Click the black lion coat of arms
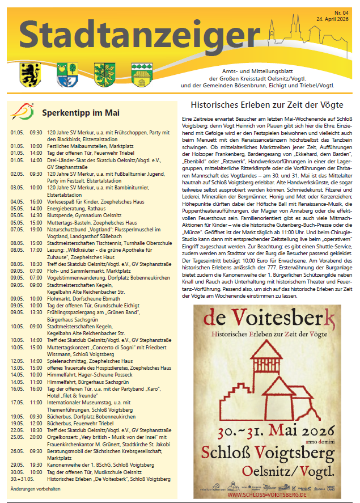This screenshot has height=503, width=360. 28,74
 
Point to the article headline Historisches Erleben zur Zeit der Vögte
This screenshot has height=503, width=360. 267,105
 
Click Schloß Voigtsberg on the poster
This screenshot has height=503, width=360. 268,453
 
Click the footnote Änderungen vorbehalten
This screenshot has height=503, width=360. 35,488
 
